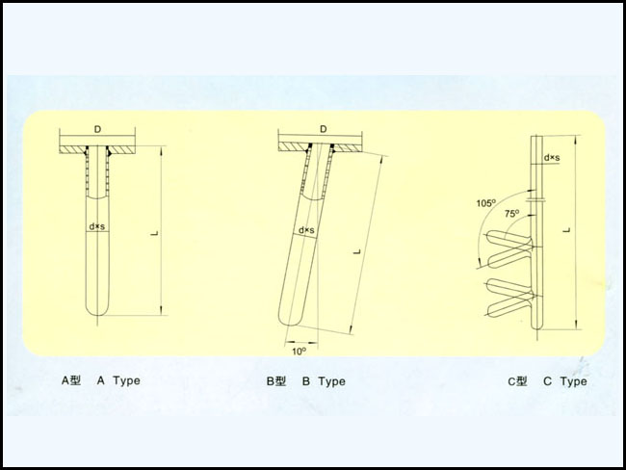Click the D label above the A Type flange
click(98, 129)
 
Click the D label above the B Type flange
click(324, 129)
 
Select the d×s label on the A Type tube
click(97, 226)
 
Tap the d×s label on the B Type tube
click(306, 230)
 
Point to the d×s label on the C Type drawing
click(552, 158)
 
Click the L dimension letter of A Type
click(155, 233)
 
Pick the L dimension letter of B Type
click(357, 251)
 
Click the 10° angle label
click(299, 351)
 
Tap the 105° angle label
click(485, 203)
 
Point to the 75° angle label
click(511, 214)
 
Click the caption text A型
click(71, 380)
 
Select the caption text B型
click(276, 381)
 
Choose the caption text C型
click(517, 381)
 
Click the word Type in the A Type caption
click(126, 381)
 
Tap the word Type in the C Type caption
click(574, 381)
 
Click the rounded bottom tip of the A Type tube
click(97, 314)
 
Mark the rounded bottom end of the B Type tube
click(288, 324)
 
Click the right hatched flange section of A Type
click(122, 149)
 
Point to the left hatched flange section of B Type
click(294, 147)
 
